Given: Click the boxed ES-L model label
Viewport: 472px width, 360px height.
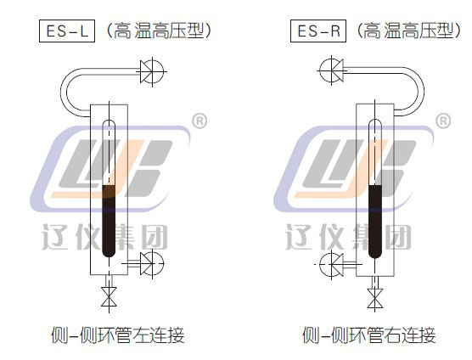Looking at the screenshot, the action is point(67,31).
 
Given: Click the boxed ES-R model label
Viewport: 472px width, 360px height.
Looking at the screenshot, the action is point(318,31).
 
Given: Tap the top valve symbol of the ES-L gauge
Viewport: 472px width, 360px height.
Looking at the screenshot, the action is point(152,71).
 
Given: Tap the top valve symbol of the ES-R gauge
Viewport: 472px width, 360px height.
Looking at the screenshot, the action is point(331,70).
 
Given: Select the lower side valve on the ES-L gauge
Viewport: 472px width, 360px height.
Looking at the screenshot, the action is point(152,264).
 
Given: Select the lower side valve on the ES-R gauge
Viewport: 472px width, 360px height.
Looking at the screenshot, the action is point(331,265).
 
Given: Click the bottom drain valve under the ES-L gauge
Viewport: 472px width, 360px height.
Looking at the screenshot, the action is point(109,296).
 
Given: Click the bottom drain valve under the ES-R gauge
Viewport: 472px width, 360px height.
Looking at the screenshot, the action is point(374,298).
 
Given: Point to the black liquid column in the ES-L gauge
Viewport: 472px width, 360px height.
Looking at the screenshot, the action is point(109,221).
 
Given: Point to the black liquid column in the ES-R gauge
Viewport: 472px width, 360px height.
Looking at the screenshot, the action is point(375,222).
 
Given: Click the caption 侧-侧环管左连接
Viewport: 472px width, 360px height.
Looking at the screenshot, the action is point(117,335).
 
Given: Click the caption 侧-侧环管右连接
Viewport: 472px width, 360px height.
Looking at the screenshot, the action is point(369,335).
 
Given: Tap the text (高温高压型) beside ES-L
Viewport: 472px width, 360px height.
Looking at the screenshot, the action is point(159,31).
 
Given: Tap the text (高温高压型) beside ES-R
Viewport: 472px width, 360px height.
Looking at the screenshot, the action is point(408,31).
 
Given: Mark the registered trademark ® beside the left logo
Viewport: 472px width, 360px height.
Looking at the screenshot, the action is point(199,121).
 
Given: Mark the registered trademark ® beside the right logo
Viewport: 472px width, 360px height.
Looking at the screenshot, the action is point(443,121).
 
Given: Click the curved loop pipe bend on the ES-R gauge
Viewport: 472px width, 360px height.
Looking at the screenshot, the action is point(421,91).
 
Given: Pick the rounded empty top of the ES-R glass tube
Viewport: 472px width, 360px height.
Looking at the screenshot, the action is point(375,126).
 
